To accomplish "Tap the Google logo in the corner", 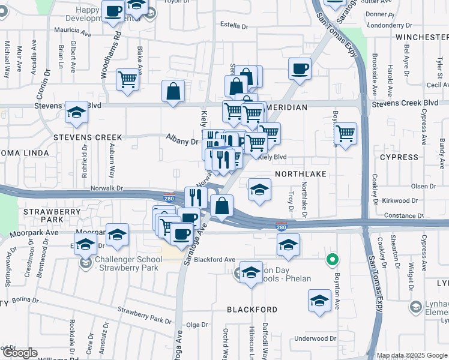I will (x=20, y=353).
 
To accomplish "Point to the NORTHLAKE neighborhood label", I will (x=301, y=173).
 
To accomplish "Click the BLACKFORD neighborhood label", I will (x=252, y=310).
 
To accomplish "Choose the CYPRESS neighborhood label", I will (x=399, y=157).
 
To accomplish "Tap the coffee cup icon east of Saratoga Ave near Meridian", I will (x=300, y=68).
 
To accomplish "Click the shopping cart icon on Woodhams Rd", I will (x=128, y=79).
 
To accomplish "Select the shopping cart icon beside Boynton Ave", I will (x=345, y=133).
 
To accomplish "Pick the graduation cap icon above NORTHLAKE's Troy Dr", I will (x=260, y=190).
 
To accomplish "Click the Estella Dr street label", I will (x=234, y=26).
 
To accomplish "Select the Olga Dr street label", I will (x=197, y=325).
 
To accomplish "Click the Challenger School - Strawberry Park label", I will (x=128, y=263).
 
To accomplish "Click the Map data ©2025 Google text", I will (x=411, y=355).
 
